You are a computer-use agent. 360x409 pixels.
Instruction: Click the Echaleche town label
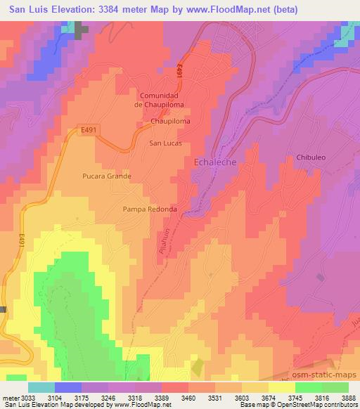coord(214,162)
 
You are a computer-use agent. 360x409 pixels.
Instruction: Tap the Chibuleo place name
coord(311,157)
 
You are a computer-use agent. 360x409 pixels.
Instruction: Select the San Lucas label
coord(166,143)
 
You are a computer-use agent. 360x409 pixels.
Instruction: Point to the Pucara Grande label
coord(107,176)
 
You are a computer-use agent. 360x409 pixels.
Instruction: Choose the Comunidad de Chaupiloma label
coord(162,100)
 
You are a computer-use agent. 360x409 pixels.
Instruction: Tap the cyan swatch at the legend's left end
coord(41,387)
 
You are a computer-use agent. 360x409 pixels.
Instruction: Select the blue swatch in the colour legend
coord(68,387)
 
